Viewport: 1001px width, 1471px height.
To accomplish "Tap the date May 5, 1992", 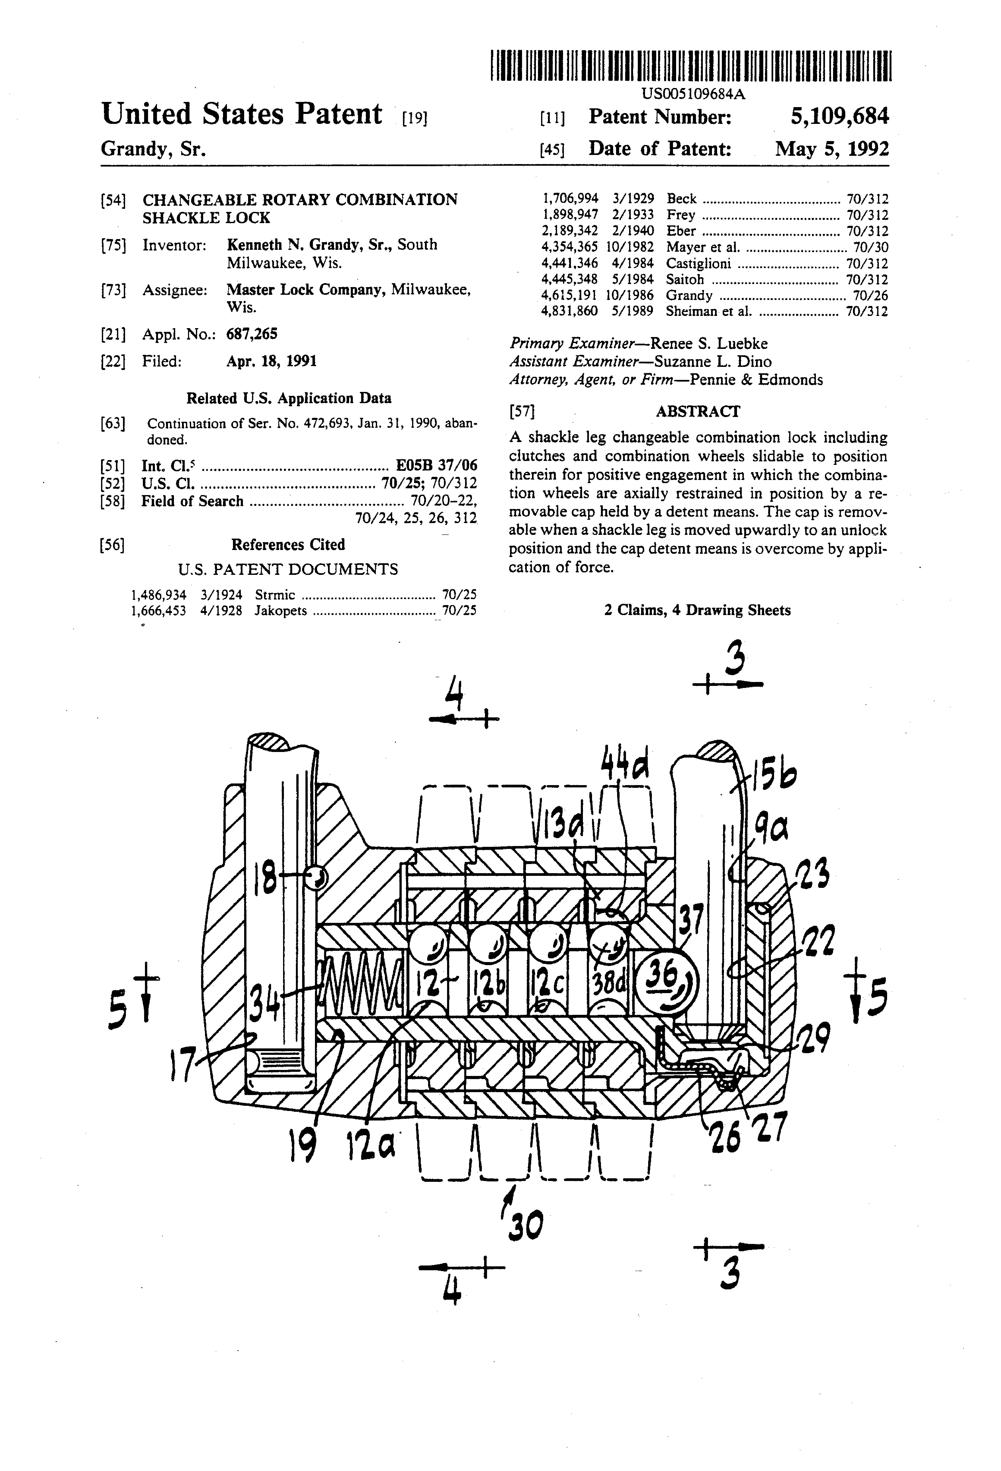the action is coord(832,149).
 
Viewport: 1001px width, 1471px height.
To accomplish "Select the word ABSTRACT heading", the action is coord(697,411).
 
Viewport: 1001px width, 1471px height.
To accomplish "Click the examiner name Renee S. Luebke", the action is coord(709,344).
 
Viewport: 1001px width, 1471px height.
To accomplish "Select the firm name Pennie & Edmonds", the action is coord(756,380).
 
